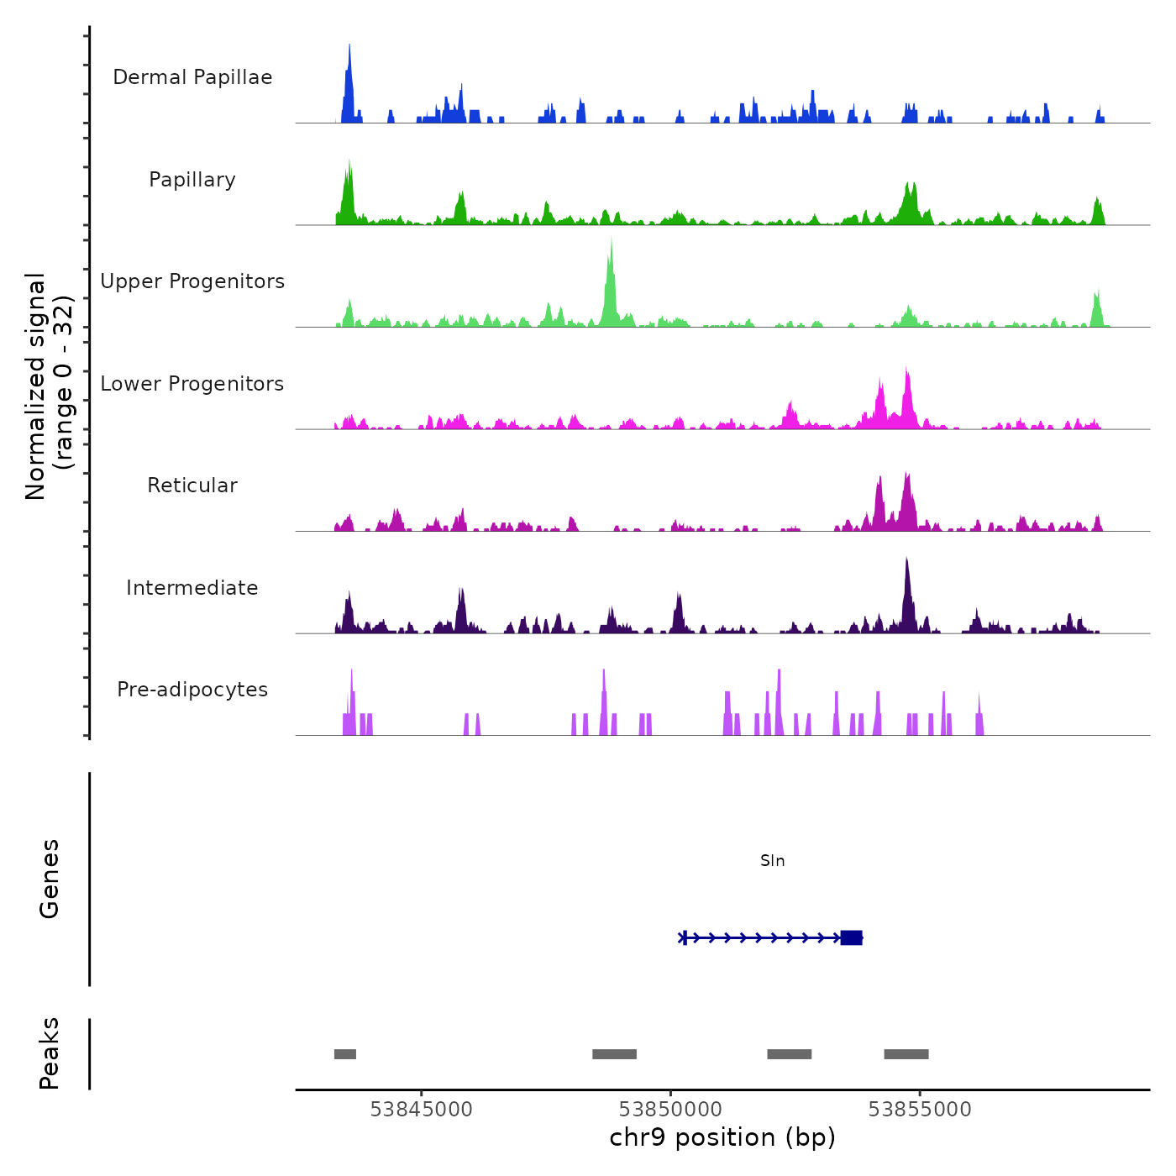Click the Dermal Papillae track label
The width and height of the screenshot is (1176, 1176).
point(192,77)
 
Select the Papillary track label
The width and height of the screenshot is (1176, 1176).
point(192,180)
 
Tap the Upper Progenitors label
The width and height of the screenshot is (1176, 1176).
point(192,281)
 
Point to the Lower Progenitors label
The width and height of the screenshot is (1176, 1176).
point(192,384)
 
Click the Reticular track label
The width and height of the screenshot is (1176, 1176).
point(192,486)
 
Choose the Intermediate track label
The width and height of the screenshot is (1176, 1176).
point(192,588)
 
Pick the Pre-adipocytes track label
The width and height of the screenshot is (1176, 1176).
point(192,690)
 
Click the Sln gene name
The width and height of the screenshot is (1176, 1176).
point(772,861)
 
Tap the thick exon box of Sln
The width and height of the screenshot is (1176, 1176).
point(851,937)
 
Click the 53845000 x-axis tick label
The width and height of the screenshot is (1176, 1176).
point(421,1110)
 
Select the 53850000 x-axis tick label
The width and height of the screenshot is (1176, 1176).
point(670,1110)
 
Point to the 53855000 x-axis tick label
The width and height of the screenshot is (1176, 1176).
point(920,1110)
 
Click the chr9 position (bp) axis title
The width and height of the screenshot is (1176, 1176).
point(722,1137)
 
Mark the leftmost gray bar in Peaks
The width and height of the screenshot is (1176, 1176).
point(345,1054)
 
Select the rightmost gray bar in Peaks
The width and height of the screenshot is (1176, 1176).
point(906,1054)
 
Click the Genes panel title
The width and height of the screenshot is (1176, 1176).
point(50,879)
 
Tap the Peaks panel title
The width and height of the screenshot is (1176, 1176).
point(50,1053)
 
